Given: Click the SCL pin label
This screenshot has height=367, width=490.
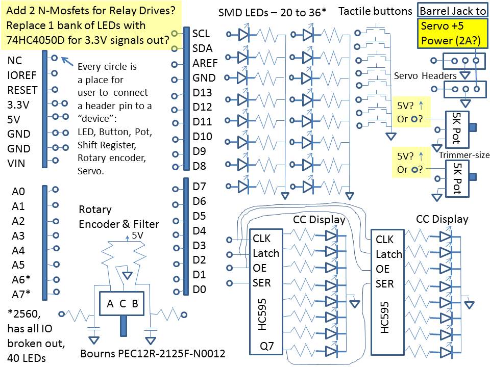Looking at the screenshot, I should tap(202, 33).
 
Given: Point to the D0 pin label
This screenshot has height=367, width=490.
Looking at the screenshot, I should tap(200, 290).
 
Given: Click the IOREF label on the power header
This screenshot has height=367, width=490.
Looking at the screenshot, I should tap(22, 75).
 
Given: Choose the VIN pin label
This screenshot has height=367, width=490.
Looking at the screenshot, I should tap(16, 164).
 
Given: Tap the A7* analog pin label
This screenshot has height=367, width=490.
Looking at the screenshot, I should tap(21, 293).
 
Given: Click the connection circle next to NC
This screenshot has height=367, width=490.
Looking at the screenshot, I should tap(54, 59).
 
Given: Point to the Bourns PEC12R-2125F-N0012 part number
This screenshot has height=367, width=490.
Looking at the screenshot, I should tap(153, 354).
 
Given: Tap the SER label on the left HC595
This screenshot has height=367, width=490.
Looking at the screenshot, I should tap(262, 283).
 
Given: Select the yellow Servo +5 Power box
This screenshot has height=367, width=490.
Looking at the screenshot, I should tap(452, 34).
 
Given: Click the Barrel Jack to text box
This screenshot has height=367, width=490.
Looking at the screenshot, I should tap(452, 11).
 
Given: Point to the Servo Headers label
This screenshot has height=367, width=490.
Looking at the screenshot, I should tap(425, 75).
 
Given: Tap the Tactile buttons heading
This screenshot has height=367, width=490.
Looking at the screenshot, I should tap(375, 11).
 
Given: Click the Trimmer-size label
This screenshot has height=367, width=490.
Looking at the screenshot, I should tap(463, 155).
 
